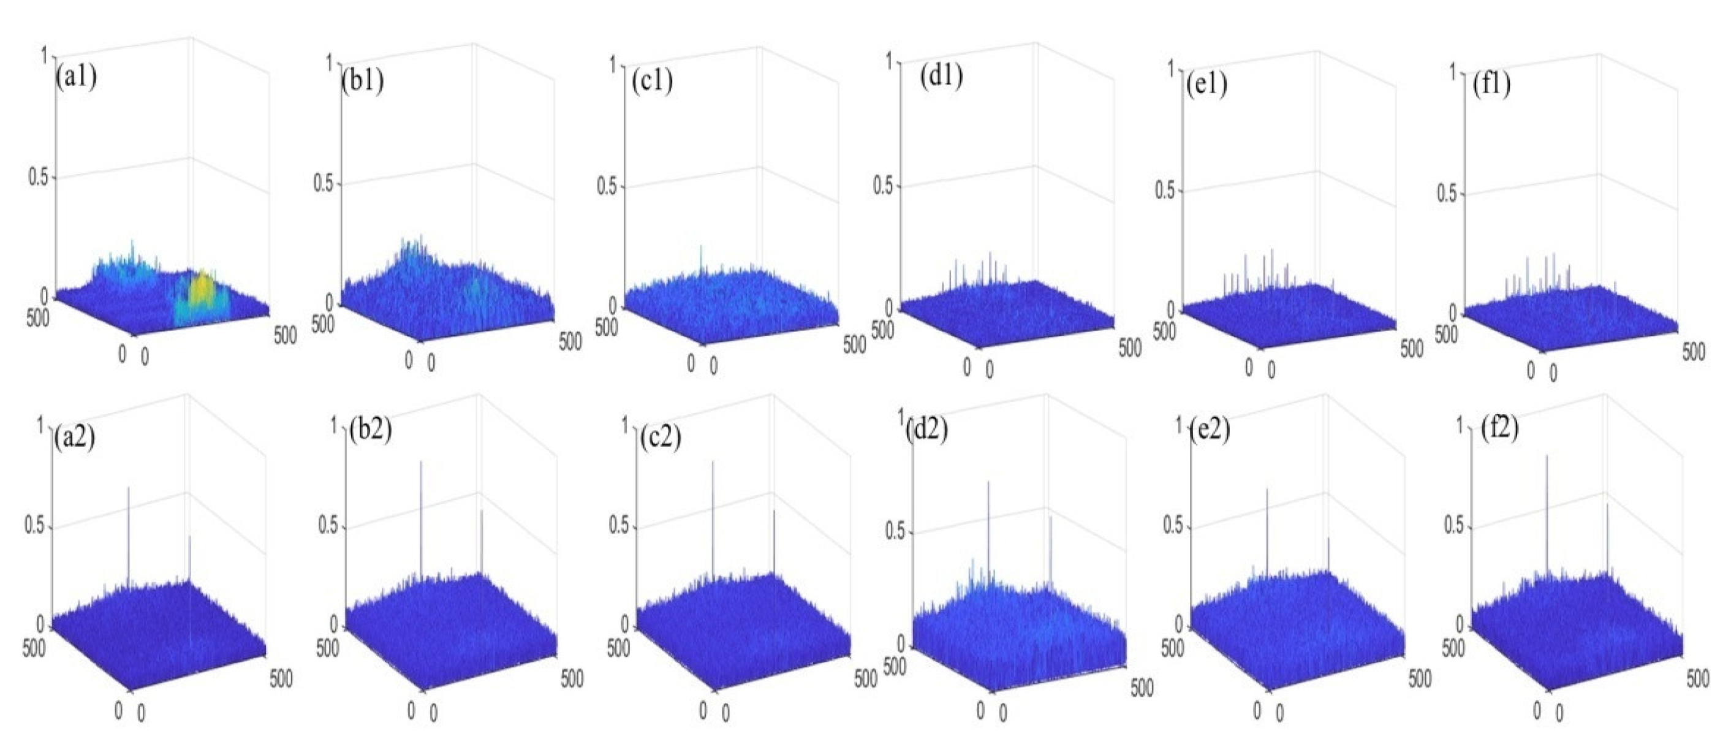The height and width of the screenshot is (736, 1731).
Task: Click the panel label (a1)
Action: pyautogui.click(x=77, y=77)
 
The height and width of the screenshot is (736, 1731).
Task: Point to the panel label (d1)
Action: pyautogui.click(x=941, y=76)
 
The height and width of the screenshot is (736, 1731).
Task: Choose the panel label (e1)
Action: pyautogui.click(x=1207, y=85)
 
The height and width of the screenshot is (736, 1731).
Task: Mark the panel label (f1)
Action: pyautogui.click(x=1491, y=85)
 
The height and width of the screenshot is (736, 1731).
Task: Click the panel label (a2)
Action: pyautogui.click(x=75, y=438)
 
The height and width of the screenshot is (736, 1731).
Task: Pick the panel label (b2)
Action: pyautogui.click(x=370, y=430)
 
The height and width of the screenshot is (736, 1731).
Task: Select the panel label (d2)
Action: pyautogui.click(x=926, y=430)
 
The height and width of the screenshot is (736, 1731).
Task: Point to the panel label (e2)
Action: pyautogui.click(x=1209, y=431)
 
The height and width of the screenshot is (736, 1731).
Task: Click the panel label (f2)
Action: pyautogui.click(x=1499, y=428)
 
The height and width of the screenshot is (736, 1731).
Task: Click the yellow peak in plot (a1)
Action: pyautogui.click(x=200, y=289)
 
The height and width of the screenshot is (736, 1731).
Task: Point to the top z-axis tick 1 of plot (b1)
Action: pyautogui.click(x=330, y=63)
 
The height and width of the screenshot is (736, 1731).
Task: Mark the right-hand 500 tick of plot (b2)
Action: pyautogui.click(x=572, y=680)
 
